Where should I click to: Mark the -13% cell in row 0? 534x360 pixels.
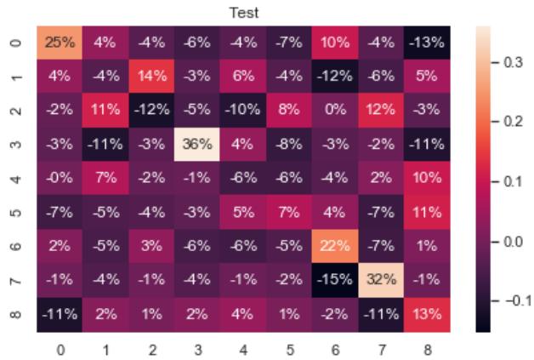click(429, 39)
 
